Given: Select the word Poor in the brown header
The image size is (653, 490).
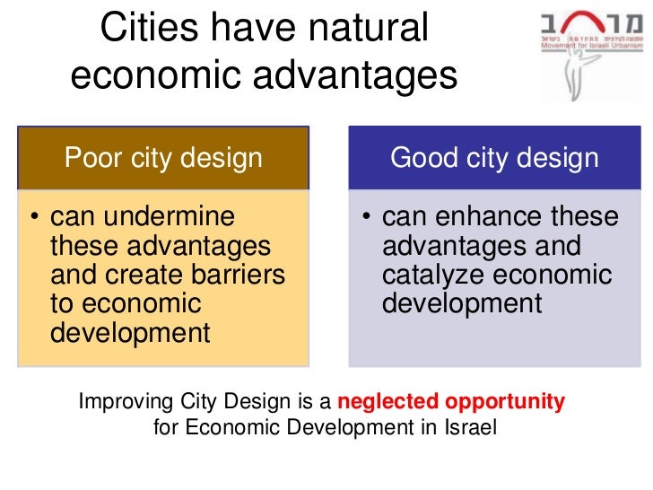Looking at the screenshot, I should pyautogui.click(x=93, y=159).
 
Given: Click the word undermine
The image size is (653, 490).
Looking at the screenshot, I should pyautogui.click(x=143, y=217).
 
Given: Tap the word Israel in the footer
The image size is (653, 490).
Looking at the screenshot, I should pyautogui.click(x=470, y=427).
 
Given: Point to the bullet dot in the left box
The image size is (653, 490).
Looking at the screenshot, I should pyautogui.click(x=33, y=218).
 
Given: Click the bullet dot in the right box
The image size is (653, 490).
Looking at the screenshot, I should pyautogui.click(x=366, y=218).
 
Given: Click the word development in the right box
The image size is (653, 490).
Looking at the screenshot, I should pyautogui.click(x=462, y=303).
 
